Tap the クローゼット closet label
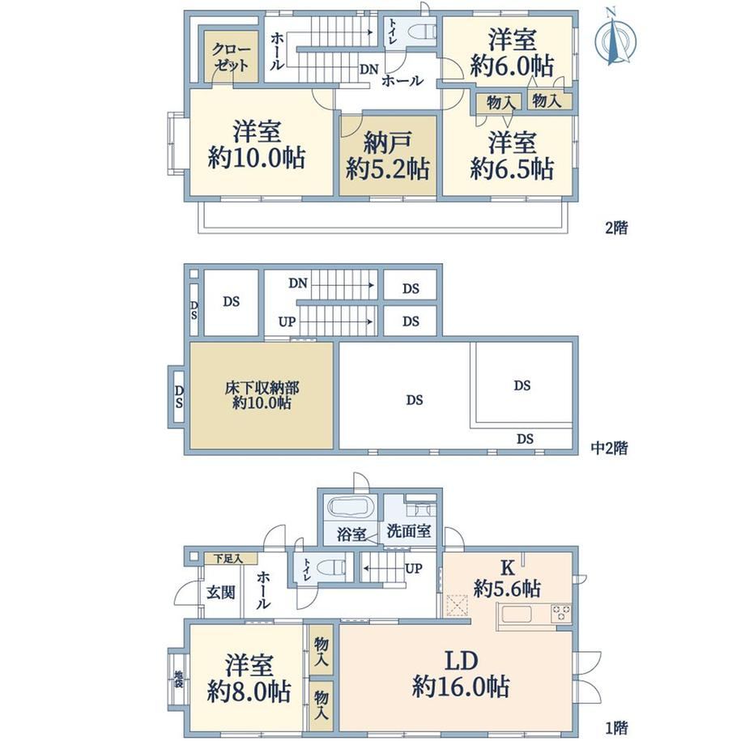click(x=232, y=57)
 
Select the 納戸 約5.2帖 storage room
click(x=388, y=155)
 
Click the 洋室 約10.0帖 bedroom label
click(x=257, y=144)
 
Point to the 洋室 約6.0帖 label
click(x=512, y=53)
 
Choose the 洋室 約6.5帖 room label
click(x=512, y=155)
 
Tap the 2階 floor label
click(x=617, y=228)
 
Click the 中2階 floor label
click(x=610, y=448)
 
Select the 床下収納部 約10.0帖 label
click(x=262, y=395)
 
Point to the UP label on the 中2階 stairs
click(x=287, y=321)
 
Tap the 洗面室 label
click(x=409, y=530)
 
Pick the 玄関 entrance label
click(x=221, y=593)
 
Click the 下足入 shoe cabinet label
click(x=228, y=559)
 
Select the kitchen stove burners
click(x=561, y=613)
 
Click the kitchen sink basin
click(x=517, y=614)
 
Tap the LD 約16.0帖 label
click(x=461, y=674)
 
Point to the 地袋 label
click(x=179, y=679)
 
